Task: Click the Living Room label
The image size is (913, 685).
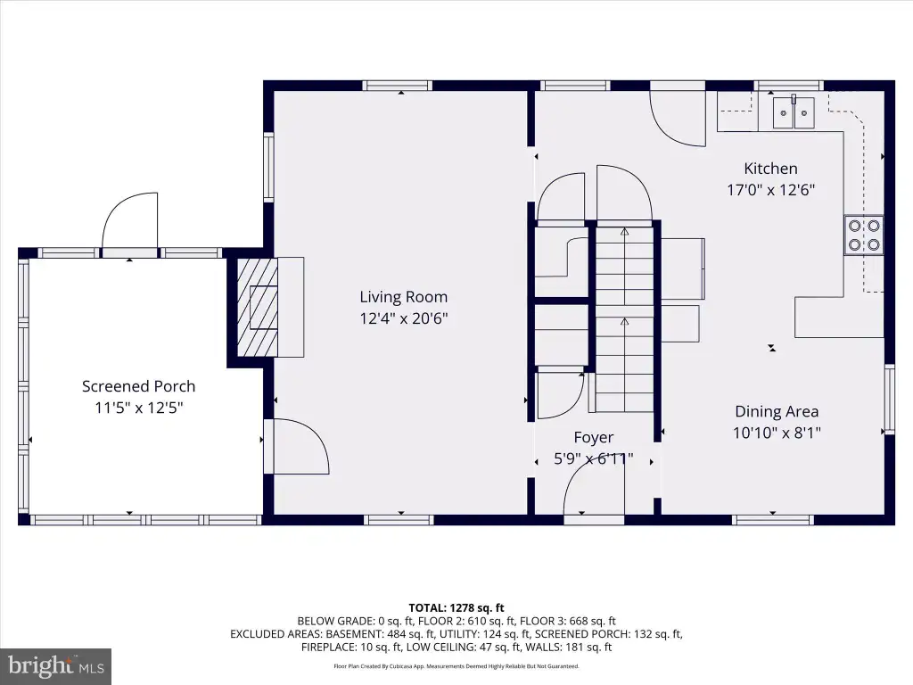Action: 404,297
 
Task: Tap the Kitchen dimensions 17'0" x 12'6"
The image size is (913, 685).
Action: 770,190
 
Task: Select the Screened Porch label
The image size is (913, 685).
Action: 138,386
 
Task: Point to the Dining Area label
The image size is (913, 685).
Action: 777,411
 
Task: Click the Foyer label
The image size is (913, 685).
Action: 593,437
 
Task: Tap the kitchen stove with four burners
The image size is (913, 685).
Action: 864,235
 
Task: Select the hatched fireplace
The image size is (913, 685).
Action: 257,308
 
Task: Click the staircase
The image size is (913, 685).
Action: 625,318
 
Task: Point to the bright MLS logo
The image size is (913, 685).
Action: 56,665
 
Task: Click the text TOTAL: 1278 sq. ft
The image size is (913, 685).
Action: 456,608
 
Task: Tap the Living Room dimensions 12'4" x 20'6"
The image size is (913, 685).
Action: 404,318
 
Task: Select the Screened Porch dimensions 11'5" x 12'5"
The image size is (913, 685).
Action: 138,408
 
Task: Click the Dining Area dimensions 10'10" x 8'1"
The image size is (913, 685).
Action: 777,433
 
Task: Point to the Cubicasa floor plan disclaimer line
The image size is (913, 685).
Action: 456,665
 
